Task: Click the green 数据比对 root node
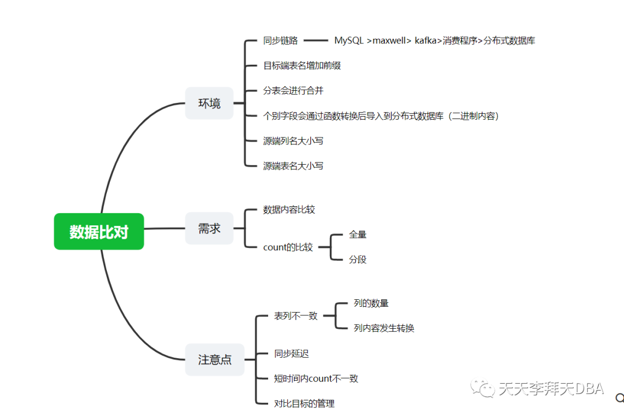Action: [x=99, y=232]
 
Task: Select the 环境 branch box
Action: [x=209, y=103]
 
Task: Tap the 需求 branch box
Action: [x=209, y=228]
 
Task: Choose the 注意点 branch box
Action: [x=214, y=359]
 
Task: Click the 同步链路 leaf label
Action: [x=280, y=40]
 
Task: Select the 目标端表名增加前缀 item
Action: [x=302, y=65]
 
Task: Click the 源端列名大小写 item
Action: [x=293, y=140]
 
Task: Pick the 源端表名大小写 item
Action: [x=293, y=166]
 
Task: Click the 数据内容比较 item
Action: [x=289, y=209]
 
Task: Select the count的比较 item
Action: [x=288, y=247]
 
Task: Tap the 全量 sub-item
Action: [x=358, y=235]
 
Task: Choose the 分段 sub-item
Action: [x=358, y=259]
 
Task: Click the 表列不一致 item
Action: [x=296, y=316]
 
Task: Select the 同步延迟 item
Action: [x=291, y=354]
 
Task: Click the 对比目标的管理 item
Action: [x=304, y=403]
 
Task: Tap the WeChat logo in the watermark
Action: [x=482, y=388]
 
